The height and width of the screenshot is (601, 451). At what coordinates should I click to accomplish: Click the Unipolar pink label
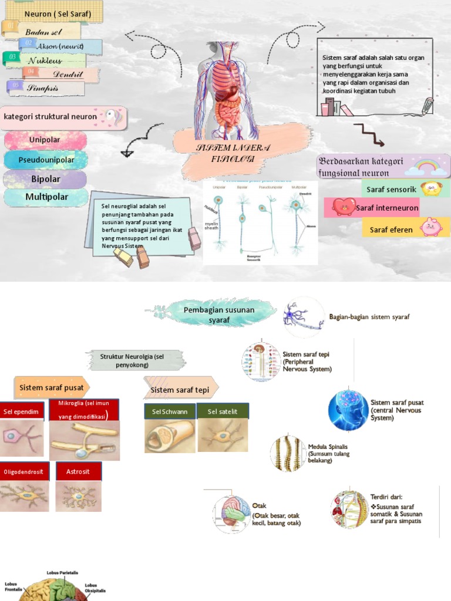[x=45, y=140]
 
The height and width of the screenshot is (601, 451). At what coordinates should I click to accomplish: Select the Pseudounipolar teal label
[x=46, y=160]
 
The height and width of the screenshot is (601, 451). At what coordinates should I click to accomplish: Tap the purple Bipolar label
[x=45, y=179]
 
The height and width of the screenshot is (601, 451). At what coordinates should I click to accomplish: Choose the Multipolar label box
[x=46, y=197]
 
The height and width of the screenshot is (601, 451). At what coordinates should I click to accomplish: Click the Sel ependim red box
[x=22, y=411]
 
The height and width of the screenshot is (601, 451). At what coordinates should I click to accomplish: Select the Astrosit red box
[x=79, y=471]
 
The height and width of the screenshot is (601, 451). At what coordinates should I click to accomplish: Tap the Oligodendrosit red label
[x=24, y=471]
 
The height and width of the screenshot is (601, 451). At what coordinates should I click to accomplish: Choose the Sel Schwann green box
[x=170, y=411]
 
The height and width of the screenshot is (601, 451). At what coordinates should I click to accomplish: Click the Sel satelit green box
[x=223, y=411]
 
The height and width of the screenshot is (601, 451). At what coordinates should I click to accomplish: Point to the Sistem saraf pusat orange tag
[x=52, y=388]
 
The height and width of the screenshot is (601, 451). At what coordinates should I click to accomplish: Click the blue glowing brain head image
[x=348, y=410]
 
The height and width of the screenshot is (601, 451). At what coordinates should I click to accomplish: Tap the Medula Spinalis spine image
[x=288, y=453]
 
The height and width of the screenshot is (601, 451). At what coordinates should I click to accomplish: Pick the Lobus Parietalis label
[x=62, y=572]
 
